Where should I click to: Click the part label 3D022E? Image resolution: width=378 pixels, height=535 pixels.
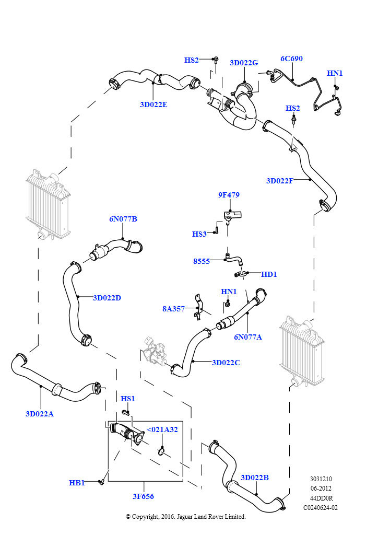153,104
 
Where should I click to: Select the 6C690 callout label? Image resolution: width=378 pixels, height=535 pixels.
291,59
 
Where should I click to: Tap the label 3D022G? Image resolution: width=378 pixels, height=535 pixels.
244,63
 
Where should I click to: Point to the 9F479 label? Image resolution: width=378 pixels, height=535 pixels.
229,195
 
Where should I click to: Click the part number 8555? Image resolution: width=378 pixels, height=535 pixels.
202,261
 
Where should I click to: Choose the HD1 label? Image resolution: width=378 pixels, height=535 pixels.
269,274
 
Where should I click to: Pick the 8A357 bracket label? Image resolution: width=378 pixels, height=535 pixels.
173,309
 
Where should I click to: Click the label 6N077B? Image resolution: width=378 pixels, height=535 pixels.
123,219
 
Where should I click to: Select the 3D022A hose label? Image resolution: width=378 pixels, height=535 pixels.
40,414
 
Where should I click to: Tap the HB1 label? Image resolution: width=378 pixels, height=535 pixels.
77,483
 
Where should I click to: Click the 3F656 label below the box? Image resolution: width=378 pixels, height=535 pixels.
143,496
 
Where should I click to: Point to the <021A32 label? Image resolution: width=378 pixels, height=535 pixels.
162,429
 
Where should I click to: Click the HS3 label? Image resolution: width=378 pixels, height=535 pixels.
199,234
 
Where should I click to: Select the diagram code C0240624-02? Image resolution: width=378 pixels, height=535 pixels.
321,508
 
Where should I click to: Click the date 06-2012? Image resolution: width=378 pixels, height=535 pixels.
321,489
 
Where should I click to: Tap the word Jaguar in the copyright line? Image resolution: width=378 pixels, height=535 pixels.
185,517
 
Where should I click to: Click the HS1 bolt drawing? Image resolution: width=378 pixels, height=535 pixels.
126,413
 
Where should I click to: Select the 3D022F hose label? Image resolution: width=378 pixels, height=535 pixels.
279,181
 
